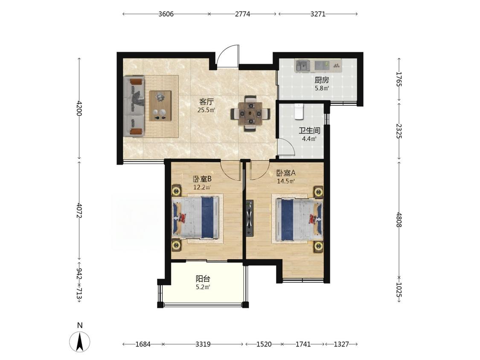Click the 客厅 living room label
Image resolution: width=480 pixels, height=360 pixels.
coord(207,102)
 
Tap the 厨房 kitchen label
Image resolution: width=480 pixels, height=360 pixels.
coord(322,80)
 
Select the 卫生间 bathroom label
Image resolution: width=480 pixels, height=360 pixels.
coord(309,131)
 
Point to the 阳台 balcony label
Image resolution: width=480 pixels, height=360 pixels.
coord(203,279)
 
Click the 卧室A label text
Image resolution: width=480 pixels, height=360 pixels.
coord(286,173)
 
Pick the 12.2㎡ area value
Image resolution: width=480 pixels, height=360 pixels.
coord(202,187)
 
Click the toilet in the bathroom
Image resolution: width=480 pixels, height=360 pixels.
coord(299,111)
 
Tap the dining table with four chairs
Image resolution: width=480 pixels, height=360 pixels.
coord(250,113)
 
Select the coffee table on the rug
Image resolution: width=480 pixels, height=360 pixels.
coord(160,106)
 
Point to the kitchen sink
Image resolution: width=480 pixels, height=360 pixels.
coord(303,65)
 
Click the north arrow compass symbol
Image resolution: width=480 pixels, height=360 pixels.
coord(80,341)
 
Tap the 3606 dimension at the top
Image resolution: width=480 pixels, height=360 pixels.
coord(166,14)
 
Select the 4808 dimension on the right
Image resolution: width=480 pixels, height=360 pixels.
coord(399,220)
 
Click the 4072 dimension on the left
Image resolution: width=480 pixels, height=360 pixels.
coord(80,210)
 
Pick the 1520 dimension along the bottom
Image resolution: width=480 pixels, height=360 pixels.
coord(264,344)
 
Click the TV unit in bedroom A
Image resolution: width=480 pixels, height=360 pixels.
coord(250,218)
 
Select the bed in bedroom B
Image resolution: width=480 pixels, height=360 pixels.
coord(195,218)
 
